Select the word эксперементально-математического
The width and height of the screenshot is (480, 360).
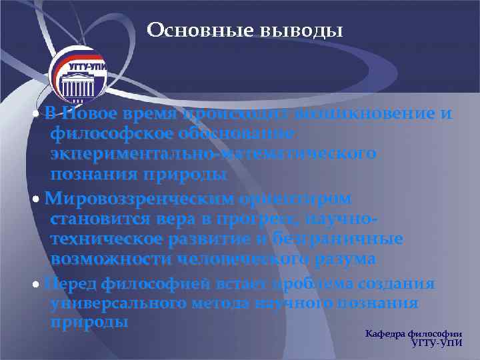click(213, 154)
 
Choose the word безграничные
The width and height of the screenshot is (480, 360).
click(346, 239)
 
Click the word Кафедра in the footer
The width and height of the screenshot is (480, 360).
click(387, 333)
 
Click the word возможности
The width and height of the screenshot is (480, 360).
click(101, 258)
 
